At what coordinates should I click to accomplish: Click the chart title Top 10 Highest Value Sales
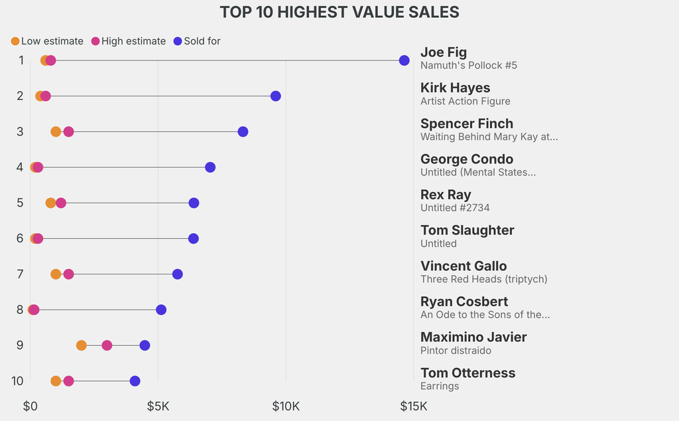click(x=339, y=12)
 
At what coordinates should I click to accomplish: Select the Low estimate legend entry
click(x=47, y=41)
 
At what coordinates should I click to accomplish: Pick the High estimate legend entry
click(x=129, y=41)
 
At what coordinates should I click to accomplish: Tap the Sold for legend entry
click(x=197, y=41)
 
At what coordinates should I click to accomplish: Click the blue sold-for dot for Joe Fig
click(x=404, y=60)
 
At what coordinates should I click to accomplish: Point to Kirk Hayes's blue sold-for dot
click(x=275, y=96)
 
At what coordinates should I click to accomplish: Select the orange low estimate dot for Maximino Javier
click(x=82, y=345)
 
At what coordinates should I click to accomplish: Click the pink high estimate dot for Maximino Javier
click(x=107, y=345)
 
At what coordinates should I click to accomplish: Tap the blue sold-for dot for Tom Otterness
click(x=135, y=381)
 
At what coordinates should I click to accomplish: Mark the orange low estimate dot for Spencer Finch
click(x=56, y=131)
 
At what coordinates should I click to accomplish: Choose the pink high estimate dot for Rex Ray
click(x=61, y=203)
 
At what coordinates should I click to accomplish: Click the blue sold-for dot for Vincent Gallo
click(x=178, y=274)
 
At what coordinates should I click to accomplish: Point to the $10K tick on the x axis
click(x=286, y=406)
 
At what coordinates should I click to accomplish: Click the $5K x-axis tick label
click(x=158, y=406)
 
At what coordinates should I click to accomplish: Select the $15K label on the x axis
click(x=414, y=406)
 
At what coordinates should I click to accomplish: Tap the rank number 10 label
click(x=17, y=381)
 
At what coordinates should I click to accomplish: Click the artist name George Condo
click(x=467, y=159)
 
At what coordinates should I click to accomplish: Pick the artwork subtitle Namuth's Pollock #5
click(x=469, y=66)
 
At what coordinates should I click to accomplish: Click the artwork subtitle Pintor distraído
click(x=456, y=351)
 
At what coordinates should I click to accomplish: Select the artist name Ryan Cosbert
click(x=464, y=301)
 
